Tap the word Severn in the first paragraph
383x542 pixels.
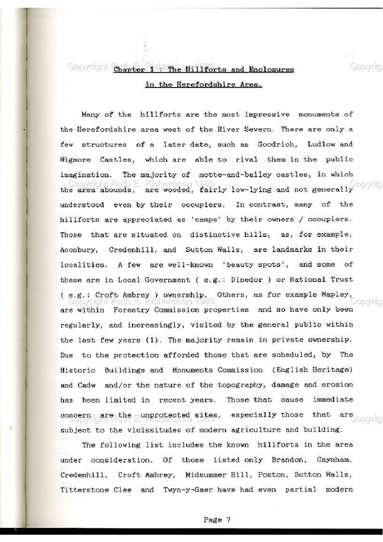[255, 129]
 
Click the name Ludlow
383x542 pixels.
[317, 144]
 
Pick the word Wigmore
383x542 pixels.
[75, 160]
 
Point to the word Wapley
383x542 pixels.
[337, 295]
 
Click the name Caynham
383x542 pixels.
[335, 460]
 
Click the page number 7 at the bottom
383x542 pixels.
[229, 520]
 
